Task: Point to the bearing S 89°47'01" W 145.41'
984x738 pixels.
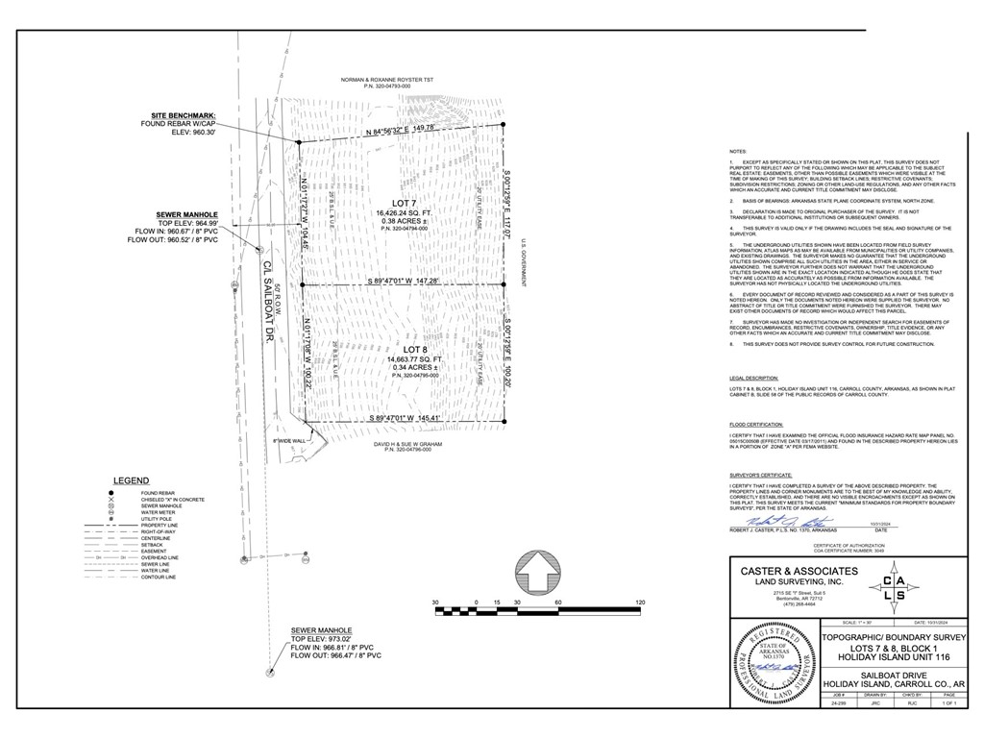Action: [404, 418]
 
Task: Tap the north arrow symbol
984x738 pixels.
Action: [536, 576]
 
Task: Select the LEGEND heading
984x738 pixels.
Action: [131, 480]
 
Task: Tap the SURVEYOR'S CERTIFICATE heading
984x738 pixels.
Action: [760, 476]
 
